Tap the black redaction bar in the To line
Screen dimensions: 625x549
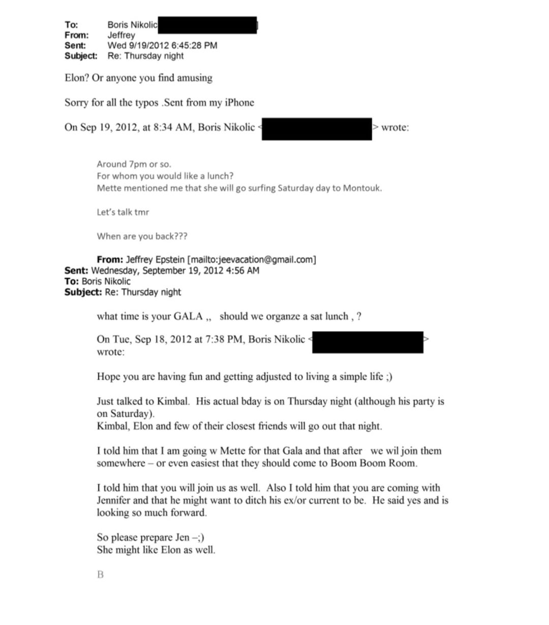coord(207,25)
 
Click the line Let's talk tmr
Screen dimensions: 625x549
coord(123,212)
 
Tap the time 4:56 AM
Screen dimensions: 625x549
coord(242,271)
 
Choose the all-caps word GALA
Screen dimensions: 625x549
coord(188,317)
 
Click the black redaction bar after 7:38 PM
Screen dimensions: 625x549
coord(367,342)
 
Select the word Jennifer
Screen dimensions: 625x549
coord(113,500)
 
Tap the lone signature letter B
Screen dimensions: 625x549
coord(100,575)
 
